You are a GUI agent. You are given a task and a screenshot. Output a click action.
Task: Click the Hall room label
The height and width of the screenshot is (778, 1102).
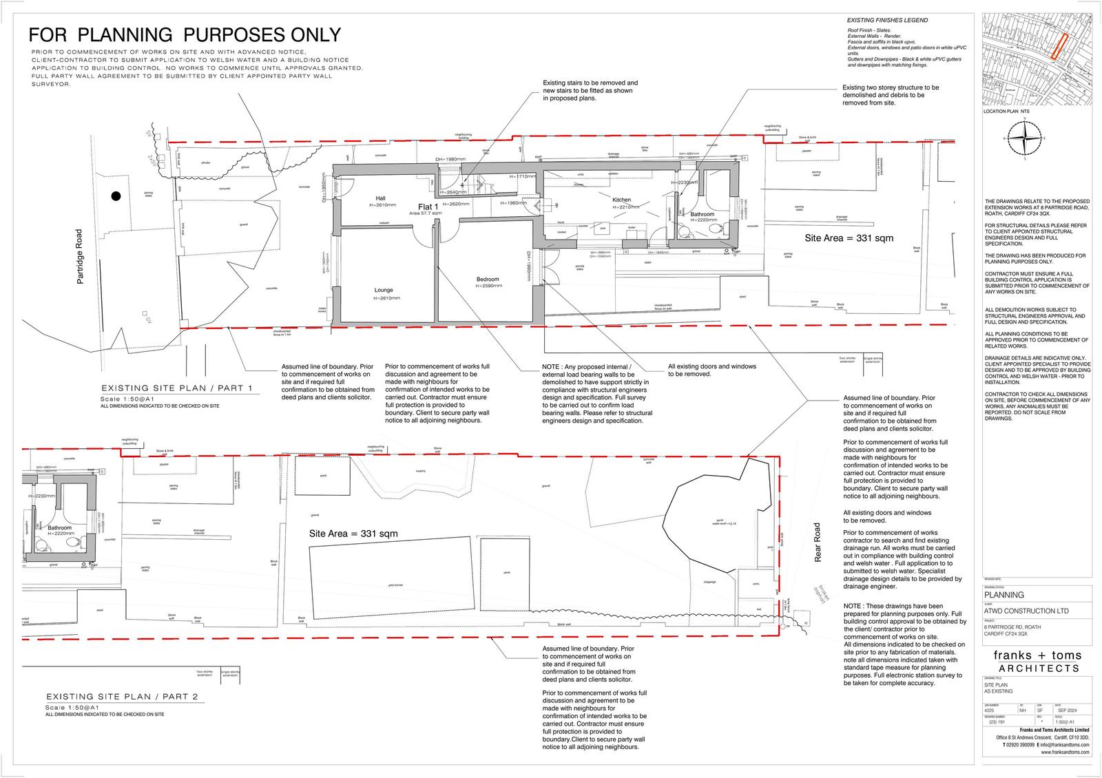coord(381,198)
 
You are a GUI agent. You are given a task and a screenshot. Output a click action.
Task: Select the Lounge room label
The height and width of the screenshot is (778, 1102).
coord(384,291)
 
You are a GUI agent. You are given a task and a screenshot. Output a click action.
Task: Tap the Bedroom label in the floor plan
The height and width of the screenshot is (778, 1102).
coord(488,279)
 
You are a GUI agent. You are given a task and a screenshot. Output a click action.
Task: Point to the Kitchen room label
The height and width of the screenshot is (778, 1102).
coord(621,200)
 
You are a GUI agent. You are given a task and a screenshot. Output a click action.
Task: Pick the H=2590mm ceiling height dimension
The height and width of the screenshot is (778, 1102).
coord(488,285)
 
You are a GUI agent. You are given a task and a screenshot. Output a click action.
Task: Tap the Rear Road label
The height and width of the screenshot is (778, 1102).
coord(818,543)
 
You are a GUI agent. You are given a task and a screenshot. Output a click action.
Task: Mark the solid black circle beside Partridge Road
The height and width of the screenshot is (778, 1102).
coord(116,196)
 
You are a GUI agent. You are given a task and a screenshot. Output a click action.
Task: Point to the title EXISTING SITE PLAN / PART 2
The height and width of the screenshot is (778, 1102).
coord(122,697)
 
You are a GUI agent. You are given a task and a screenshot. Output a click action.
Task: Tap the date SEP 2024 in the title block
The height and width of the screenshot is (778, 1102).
coord(1068,710)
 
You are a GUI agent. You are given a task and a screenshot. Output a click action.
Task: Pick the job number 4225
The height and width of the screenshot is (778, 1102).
coord(989,710)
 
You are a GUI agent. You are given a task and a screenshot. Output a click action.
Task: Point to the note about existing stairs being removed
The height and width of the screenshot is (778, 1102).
coord(590,90)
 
